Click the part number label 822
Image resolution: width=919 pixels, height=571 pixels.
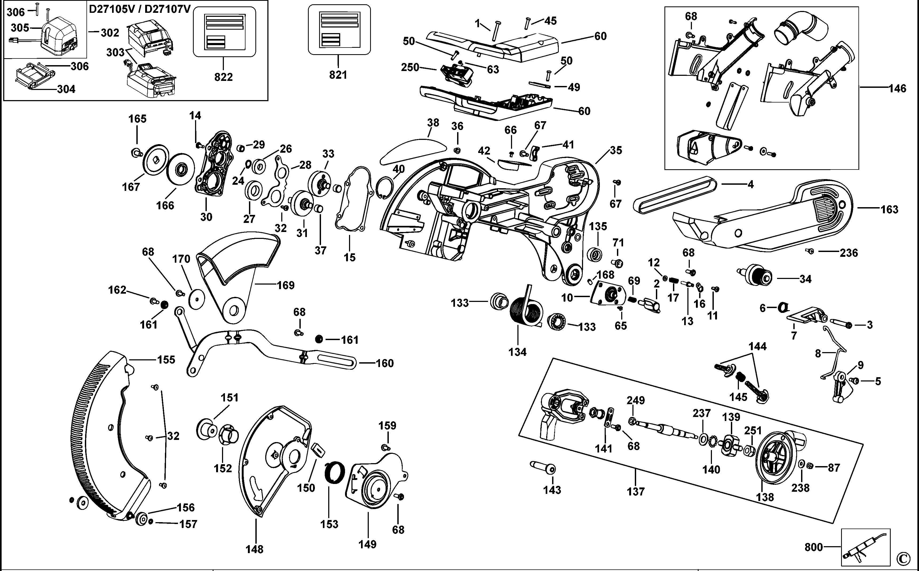223,77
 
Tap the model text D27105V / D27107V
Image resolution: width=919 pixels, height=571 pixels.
140,9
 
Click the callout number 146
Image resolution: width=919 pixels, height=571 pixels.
897,89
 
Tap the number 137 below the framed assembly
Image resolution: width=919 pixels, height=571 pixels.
636,492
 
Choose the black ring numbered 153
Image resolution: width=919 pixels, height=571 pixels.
335,472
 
